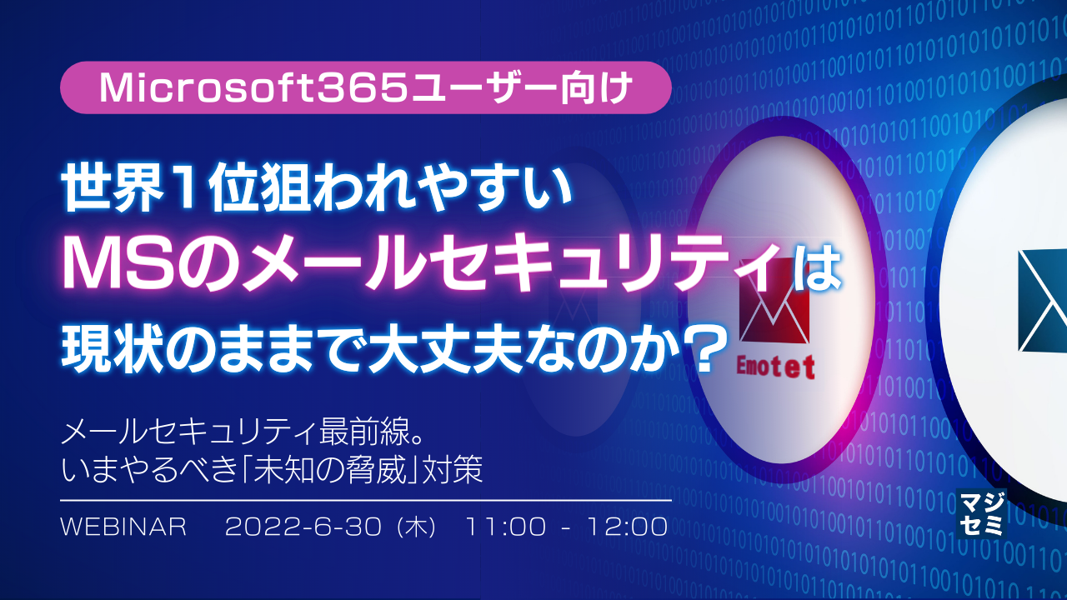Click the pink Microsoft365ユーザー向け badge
point(365,87)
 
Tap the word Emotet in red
point(774,367)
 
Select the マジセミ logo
point(981,512)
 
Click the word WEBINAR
point(124,527)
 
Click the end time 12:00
point(626,527)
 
